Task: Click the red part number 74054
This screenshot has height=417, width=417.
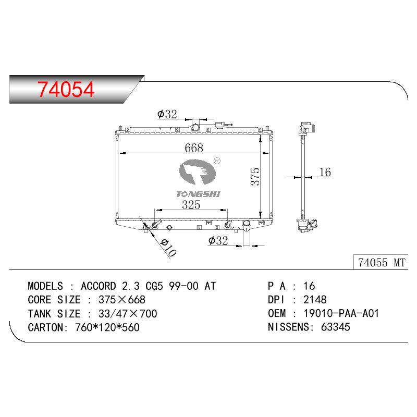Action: coord(66,89)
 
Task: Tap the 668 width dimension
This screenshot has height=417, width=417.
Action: coord(194,148)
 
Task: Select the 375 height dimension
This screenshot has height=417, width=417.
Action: coord(255,177)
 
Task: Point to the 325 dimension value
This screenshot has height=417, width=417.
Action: coord(191,204)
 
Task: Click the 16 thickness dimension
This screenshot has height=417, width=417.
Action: coord(325,172)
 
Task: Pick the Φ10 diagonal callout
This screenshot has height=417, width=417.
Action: coord(168,248)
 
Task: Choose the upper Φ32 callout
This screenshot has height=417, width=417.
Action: coord(167,114)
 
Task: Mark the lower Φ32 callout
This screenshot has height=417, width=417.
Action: coord(218,240)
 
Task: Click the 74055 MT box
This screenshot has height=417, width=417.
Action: coord(381,262)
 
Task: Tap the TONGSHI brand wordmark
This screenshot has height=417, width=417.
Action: coord(198,194)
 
